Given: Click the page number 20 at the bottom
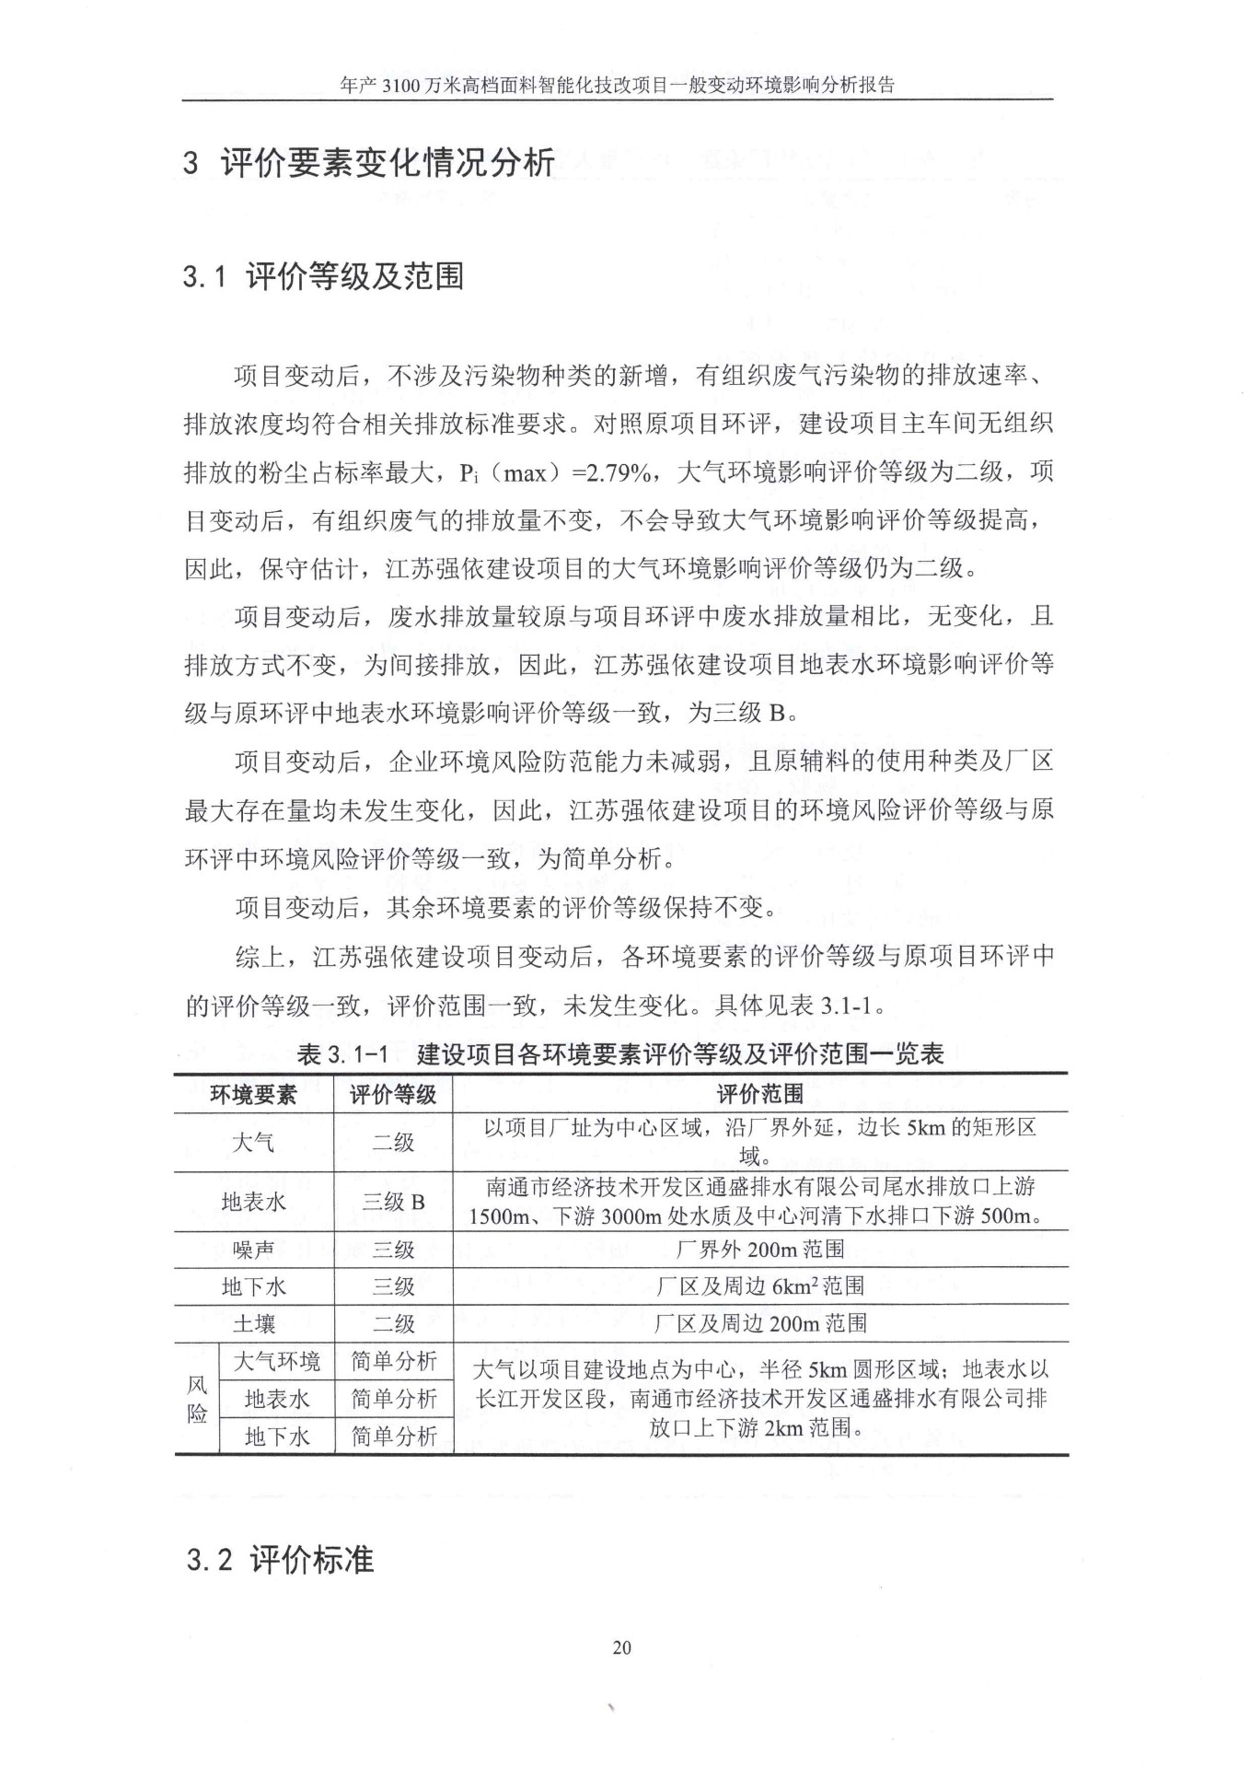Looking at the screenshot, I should pyautogui.click(x=621, y=1647).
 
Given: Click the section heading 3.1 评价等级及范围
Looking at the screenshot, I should pyautogui.click(x=323, y=276).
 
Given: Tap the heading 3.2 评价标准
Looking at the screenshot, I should pyautogui.click(x=280, y=1560).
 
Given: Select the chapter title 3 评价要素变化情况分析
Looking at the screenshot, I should pyautogui.click(x=368, y=163).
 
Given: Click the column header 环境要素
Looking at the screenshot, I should pyautogui.click(x=253, y=1094).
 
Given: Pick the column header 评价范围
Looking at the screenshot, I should pyautogui.click(x=759, y=1094).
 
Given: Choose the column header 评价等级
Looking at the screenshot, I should pyautogui.click(x=393, y=1094).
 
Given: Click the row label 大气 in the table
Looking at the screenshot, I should pyautogui.click(x=253, y=1143).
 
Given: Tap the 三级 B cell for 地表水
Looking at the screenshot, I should pyautogui.click(x=393, y=1202).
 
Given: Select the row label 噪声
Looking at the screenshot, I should pyautogui.click(x=253, y=1250).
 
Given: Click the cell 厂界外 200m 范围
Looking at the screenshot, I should pyautogui.click(x=759, y=1250).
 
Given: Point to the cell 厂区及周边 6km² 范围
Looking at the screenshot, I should pyautogui.click(x=759, y=1286).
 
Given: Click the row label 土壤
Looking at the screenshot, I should pyautogui.click(x=253, y=1324).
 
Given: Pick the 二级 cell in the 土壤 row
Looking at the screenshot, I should pyautogui.click(x=393, y=1324).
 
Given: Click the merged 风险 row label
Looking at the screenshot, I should pyautogui.click(x=197, y=1399).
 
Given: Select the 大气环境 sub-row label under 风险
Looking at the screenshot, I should pyautogui.click(x=276, y=1361).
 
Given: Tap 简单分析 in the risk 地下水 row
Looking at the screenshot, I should pyautogui.click(x=393, y=1436).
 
